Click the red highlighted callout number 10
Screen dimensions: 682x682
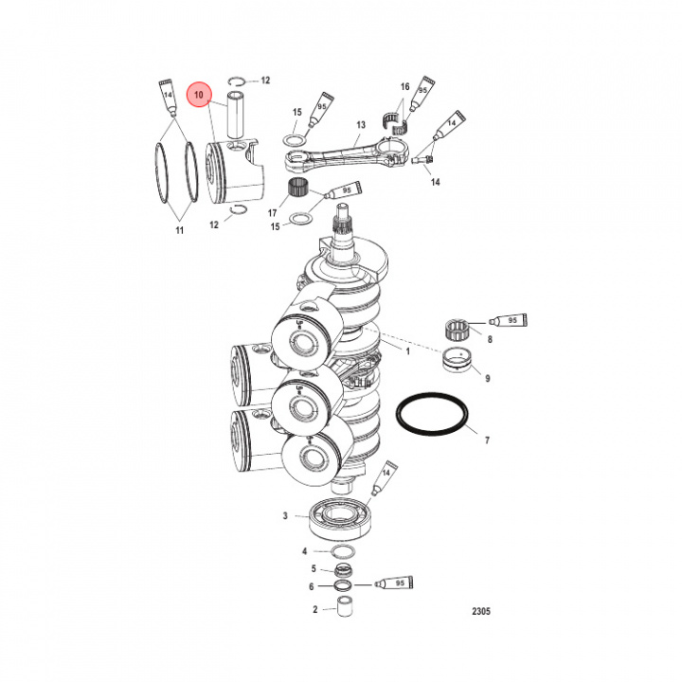click(200, 95)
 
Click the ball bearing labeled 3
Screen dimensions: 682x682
click(337, 517)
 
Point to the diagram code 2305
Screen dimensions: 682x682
click(481, 611)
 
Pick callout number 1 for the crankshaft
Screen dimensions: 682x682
click(408, 350)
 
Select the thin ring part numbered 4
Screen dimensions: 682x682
click(343, 551)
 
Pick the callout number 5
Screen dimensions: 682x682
click(314, 568)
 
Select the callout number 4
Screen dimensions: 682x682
click(305, 550)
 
